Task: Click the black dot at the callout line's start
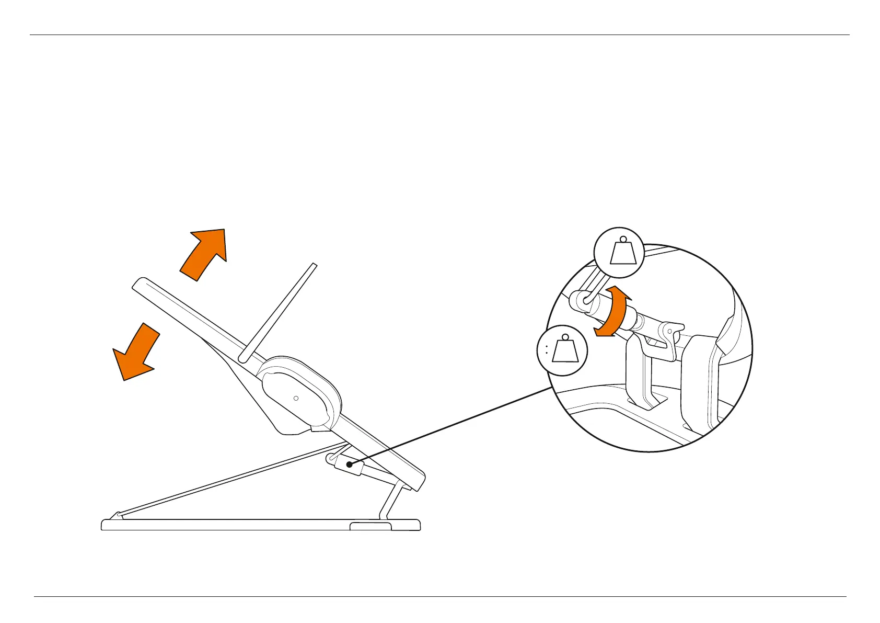click(x=350, y=465)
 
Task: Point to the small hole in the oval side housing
click(x=296, y=398)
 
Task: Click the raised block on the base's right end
click(x=370, y=525)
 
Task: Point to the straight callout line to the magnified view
click(x=449, y=426)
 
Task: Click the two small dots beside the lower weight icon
click(x=546, y=349)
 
